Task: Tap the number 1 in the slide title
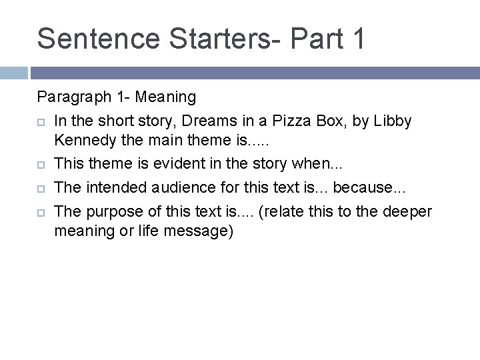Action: click(356, 38)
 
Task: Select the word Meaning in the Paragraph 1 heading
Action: click(165, 97)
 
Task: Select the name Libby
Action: click(393, 121)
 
